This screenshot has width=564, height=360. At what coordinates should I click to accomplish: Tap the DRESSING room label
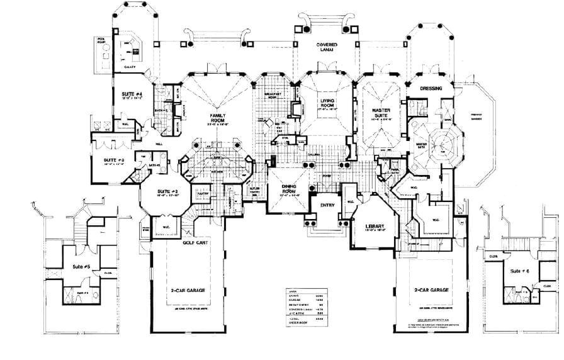pyautogui.click(x=431, y=89)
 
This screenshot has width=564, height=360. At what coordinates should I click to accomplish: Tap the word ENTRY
pyautogui.click(x=327, y=205)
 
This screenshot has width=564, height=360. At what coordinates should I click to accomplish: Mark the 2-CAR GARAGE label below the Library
pyautogui.click(x=431, y=290)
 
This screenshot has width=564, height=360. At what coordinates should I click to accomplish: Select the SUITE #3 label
pyautogui.click(x=115, y=160)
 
